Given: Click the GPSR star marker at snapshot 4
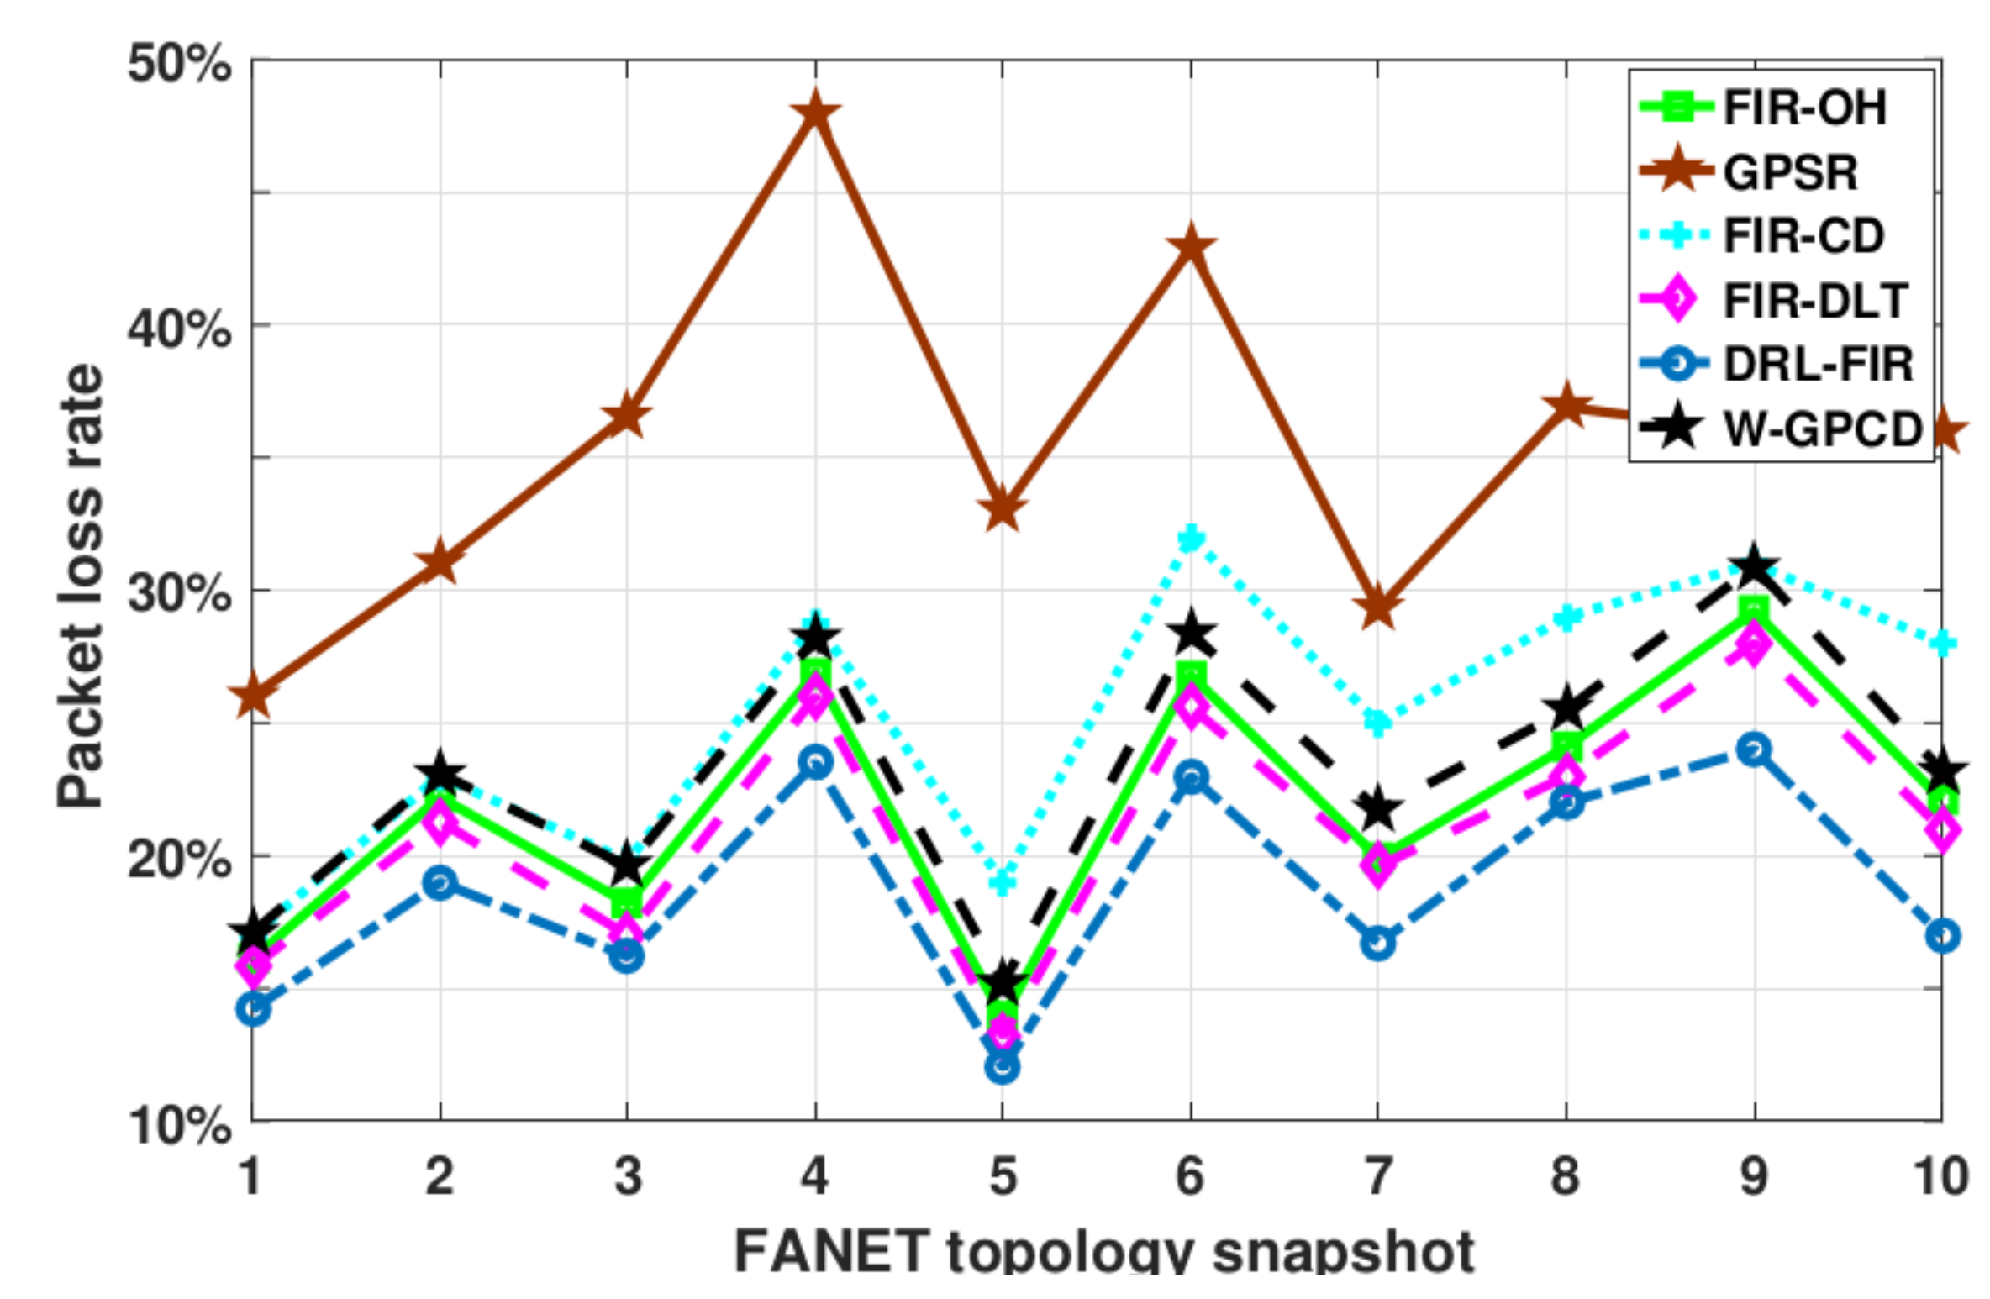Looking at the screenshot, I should (x=815, y=112).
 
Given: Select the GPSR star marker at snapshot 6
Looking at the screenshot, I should (x=1191, y=246).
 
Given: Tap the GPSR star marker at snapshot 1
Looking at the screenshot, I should (x=253, y=697).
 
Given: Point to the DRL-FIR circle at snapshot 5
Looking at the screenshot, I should (x=1003, y=1067).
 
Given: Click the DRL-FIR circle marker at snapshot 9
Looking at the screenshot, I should (x=1754, y=749).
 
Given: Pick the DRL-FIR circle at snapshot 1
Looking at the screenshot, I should (x=253, y=1008).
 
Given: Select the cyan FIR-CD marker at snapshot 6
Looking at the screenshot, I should (x=1191, y=538).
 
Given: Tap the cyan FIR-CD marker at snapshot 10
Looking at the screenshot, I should (x=1942, y=644).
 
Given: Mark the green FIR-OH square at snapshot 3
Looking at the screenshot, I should (x=628, y=904).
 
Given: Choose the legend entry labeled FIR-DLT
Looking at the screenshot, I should (x=1815, y=301).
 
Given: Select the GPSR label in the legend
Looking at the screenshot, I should (x=1790, y=172).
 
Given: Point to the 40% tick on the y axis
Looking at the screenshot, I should (x=178, y=328).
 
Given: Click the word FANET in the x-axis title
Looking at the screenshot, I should (x=832, y=1252).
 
